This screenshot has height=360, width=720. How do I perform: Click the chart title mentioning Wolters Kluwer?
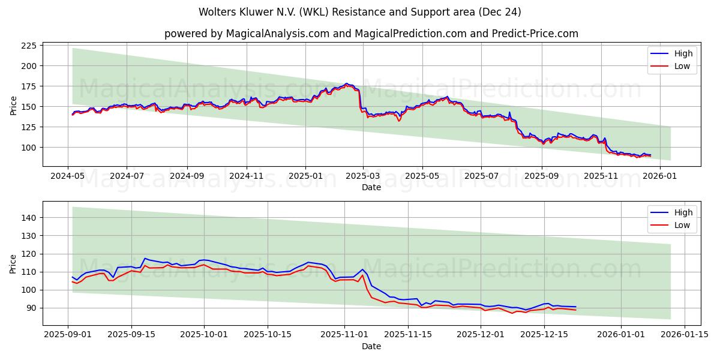point(359,12)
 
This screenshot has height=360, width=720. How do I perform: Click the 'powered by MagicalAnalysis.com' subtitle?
point(371,34)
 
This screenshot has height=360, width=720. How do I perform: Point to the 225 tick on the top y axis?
point(28,46)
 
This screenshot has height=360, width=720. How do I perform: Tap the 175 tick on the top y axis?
point(28,86)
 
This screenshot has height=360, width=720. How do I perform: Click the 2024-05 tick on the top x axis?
point(68,177)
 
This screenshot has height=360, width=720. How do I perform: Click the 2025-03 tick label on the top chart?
point(364,177)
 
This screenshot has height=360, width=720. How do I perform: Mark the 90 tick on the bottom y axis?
point(31,308)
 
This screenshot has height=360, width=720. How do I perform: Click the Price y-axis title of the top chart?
point(14,105)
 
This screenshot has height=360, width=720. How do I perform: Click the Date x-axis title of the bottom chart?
point(371,346)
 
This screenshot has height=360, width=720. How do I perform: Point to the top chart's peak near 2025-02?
point(346,83)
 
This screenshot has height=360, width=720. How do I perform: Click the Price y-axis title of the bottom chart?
point(14,263)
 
